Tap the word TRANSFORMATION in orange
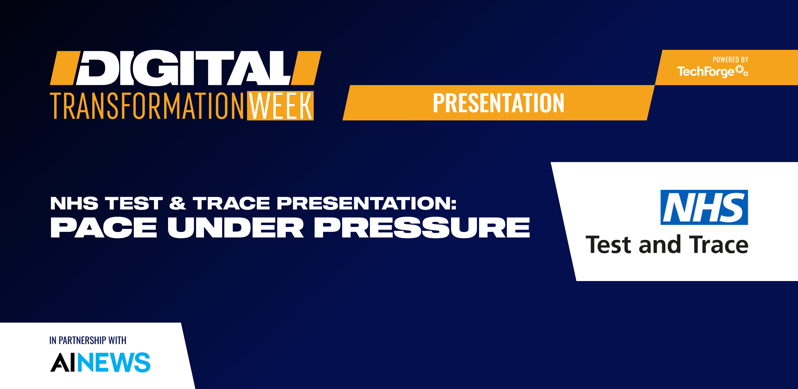click(147, 106)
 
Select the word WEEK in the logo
click(280, 106)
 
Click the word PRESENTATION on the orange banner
click(498, 103)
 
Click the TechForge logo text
click(705, 72)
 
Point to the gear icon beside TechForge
click(742, 71)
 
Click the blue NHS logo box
click(704, 207)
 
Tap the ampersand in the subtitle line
click(177, 203)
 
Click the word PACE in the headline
click(104, 228)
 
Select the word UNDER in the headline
click(235, 228)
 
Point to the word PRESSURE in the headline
click(422, 228)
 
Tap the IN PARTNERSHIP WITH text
click(88, 340)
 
